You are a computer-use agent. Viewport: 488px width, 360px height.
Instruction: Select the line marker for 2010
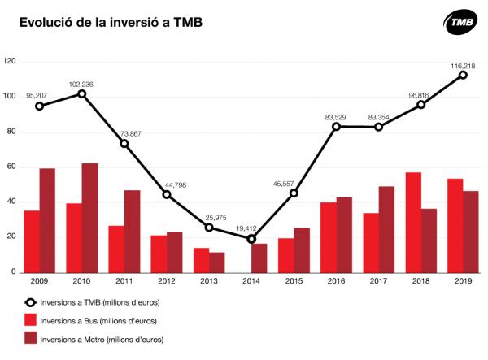[x=82, y=94]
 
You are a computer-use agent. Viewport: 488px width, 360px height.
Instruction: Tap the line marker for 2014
[x=251, y=239]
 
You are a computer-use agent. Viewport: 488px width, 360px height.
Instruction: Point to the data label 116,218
[x=462, y=65]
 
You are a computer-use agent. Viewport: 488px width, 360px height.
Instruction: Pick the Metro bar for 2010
[x=90, y=218]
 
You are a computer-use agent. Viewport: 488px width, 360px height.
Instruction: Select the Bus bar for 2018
[x=413, y=222]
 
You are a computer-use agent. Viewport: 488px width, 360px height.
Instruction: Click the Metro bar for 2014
[x=259, y=258]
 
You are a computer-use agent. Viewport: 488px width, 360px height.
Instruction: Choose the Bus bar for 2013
[x=201, y=260]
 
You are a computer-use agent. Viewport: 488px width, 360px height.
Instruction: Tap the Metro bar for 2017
[x=386, y=229]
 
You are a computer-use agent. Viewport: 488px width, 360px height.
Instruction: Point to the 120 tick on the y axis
[x=10, y=62]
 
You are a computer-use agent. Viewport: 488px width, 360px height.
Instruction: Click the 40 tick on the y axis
[x=11, y=202]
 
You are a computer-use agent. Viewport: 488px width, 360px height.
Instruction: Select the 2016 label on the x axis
[x=336, y=281]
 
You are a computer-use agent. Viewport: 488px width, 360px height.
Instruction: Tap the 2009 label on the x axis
[x=39, y=281]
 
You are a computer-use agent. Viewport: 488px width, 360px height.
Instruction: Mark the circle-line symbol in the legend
[x=32, y=301]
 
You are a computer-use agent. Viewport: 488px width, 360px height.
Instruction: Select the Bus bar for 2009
[x=32, y=241]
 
